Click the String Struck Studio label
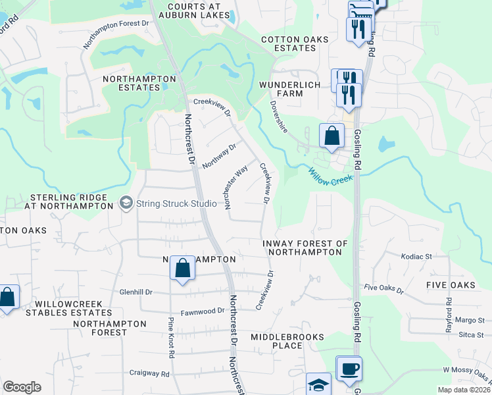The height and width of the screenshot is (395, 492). click(176, 203)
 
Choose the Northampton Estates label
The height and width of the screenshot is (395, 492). click(139, 84)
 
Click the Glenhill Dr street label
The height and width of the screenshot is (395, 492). click(136, 292)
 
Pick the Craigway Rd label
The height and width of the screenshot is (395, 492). click(149, 373)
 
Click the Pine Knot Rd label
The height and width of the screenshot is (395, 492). click(171, 338)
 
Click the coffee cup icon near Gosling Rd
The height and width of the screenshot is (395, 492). click(348, 369)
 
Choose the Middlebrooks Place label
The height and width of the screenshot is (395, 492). click(287, 341)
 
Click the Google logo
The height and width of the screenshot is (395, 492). click(22, 387)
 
